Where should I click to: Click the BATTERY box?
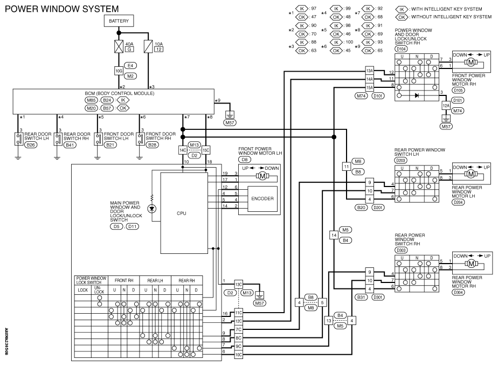point(119,21)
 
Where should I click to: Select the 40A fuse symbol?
point(119,46)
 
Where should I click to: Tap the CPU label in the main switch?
point(182,213)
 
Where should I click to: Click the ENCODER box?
point(262,198)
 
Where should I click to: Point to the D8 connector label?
point(244,160)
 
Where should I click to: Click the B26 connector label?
point(31,145)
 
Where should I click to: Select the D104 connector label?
point(401,49)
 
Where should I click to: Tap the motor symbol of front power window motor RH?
point(471,63)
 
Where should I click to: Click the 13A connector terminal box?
point(369,71)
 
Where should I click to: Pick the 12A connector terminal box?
point(446,106)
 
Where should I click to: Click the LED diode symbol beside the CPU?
point(152,209)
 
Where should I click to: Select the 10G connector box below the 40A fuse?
point(119,71)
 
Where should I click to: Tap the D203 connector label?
point(401,161)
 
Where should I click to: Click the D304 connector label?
point(458,292)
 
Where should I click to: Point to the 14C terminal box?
point(183,150)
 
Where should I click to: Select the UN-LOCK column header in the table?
point(99,290)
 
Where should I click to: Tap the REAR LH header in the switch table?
point(155,280)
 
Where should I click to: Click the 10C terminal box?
point(239,355)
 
